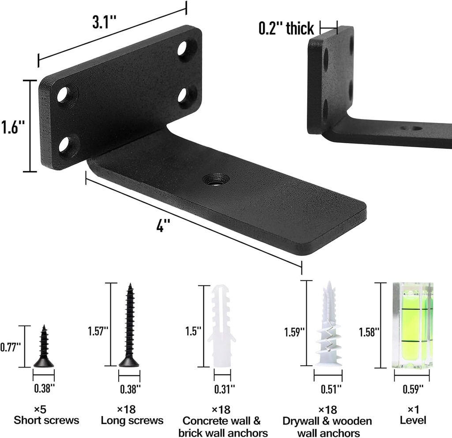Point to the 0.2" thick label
286,29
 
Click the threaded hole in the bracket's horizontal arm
216,179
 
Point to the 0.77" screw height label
11,347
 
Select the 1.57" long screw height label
98,331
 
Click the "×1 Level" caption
413,416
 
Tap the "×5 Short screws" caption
46,416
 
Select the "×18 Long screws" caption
132,416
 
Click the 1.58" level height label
369,331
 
